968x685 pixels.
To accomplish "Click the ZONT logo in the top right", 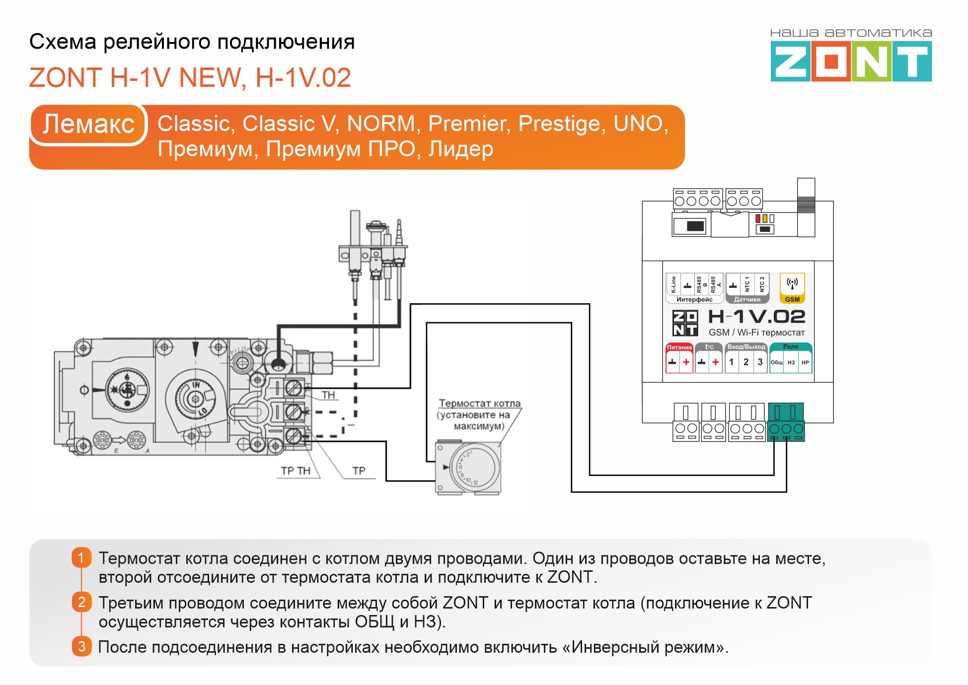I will [x=851, y=61].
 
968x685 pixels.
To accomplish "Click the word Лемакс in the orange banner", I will [x=88, y=124].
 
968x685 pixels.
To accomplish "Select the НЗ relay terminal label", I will [x=791, y=363].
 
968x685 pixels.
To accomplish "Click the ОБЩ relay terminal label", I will [x=777, y=363].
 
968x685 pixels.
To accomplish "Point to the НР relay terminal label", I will [x=805, y=363].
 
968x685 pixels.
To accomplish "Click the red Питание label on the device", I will [x=679, y=347].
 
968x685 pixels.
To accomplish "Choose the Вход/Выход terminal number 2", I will [x=746, y=362].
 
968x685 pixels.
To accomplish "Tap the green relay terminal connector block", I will [x=786, y=422].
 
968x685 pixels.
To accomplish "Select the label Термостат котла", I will [x=479, y=404].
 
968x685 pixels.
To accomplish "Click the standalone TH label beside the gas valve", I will [x=328, y=395].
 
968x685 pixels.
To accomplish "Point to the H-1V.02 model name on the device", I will [x=756, y=317].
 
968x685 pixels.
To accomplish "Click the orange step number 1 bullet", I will [x=81, y=558].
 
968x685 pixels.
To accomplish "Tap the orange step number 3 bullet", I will [x=81, y=647].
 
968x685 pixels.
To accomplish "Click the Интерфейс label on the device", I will [x=694, y=300].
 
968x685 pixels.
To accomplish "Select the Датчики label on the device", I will [x=747, y=300].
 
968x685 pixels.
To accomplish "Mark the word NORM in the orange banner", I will [x=381, y=124].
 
